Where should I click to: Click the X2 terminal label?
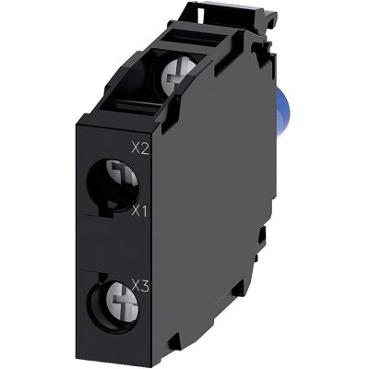[x=140, y=149]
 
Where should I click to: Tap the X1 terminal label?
[x=139, y=211]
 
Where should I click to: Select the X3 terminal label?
[x=140, y=286]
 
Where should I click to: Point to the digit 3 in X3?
[x=145, y=286]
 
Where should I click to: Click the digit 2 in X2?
[x=145, y=149]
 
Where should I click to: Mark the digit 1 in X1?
[x=144, y=211]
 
